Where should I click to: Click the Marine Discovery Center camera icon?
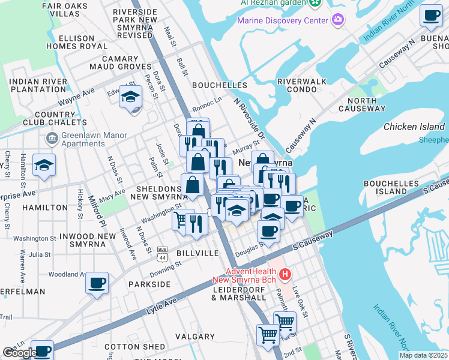(x=338, y=20)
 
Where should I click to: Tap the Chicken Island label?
(x=414, y=127)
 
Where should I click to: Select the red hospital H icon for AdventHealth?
(x=285, y=275)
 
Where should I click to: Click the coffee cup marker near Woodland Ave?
(x=97, y=281)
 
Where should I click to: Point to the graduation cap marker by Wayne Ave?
(x=130, y=96)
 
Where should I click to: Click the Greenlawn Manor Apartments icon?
(x=52, y=139)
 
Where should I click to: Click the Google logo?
(x=19, y=353)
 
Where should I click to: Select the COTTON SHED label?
(x=135, y=347)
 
